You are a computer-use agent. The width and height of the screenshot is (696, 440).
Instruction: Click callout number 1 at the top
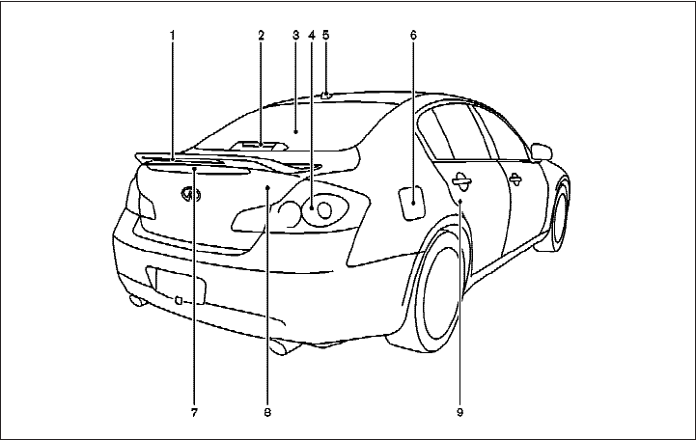(x=172, y=36)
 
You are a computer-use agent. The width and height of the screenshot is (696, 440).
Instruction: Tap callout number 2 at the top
(x=261, y=36)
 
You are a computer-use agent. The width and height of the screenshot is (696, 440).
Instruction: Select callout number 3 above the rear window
(x=294, y=36)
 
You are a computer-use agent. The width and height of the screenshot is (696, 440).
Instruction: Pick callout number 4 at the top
(x=311, y=36)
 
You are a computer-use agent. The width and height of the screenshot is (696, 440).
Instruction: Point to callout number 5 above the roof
(x=326, y=36)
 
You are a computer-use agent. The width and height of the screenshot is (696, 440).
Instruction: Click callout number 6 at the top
(x=413, y=36)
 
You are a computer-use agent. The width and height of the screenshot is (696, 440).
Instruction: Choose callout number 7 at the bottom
(x=194, y=413)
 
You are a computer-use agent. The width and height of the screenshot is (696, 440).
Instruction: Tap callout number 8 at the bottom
(x=267, y=413)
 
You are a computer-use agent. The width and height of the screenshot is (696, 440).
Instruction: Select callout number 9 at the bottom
(x=461, y=413)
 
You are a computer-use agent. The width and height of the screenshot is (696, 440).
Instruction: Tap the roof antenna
(x=327, y=95)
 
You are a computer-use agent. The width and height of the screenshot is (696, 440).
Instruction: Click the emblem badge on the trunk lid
(x=191, y=196)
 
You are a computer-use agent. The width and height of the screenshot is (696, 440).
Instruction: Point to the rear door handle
(x=460, y=178)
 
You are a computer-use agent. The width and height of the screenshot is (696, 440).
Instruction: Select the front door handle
(x=516, y=177)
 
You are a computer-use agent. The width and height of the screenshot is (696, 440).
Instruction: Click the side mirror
(x=543, y=151)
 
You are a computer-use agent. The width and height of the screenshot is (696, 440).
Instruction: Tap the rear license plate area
(x=181, y=287)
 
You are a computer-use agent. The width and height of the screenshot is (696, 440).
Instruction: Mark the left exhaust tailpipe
(x=138, y=302)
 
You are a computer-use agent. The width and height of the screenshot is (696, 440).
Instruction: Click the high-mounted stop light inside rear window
(x=261, y=144)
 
